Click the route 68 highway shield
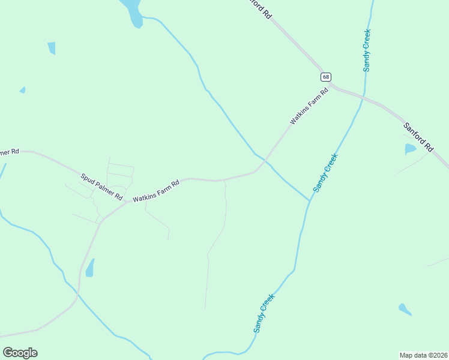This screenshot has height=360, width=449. pos(325,77)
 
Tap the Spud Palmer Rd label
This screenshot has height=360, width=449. pos(101,187)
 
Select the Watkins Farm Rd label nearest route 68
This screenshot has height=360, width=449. pos(310,106)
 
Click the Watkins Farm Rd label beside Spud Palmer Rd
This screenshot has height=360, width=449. pos(156,191)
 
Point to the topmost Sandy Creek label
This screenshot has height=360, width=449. pos(367,50)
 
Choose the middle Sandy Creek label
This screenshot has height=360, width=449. pos(325,173)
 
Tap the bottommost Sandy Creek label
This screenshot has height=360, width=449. pos(264,313)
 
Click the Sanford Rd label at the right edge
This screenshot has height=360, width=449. pos(418,137)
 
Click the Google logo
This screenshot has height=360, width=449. pos(20,353)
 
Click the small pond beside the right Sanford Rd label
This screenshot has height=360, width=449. pos(410,148)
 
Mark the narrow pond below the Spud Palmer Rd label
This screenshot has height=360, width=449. pos(90,268)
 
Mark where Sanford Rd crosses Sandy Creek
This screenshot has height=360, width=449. pos(363,97)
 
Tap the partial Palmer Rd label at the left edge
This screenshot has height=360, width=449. pos(10,152)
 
